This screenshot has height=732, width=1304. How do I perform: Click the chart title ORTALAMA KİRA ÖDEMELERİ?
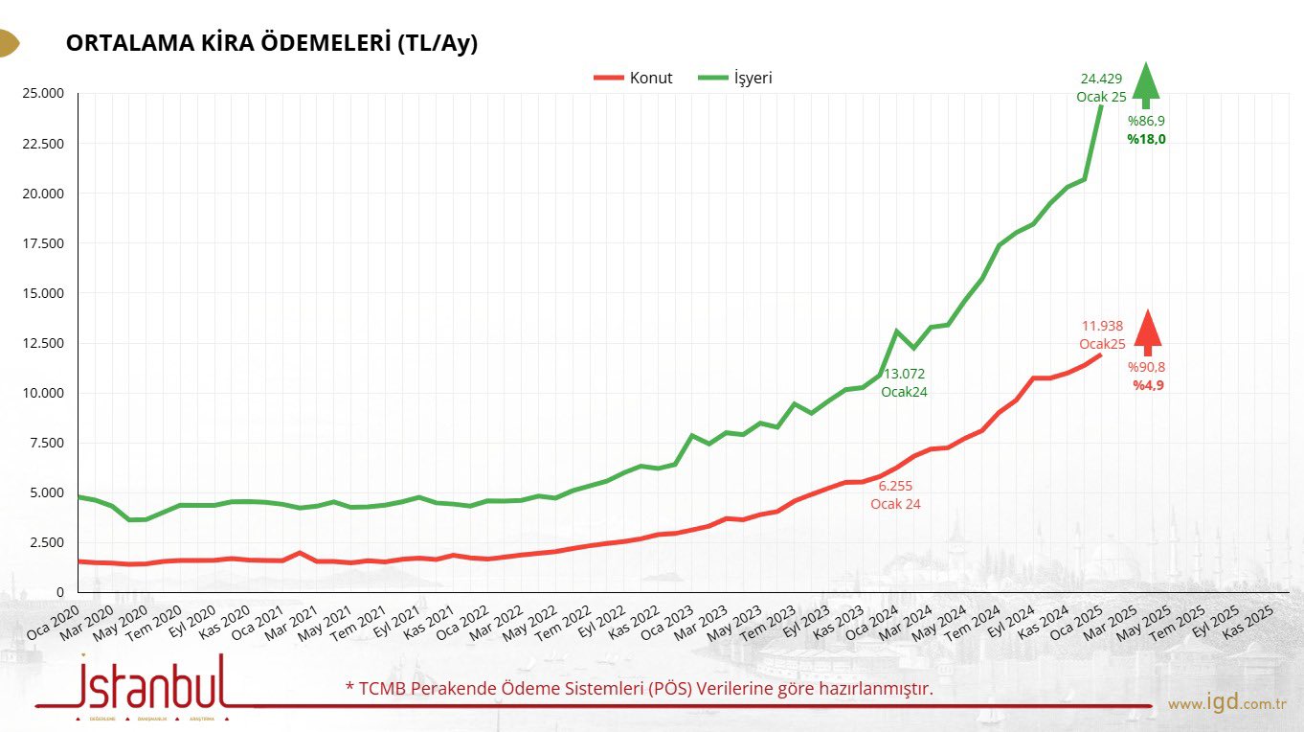tap(271, 44)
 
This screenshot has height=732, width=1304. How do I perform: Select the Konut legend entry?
tap(650, 78)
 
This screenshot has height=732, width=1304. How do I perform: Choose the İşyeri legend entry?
tap(753, 78)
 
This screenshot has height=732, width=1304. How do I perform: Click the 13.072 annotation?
tap(904, 374)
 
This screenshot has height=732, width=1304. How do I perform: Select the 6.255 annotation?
tap(895, 487)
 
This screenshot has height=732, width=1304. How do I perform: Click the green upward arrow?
tap(1145, 84)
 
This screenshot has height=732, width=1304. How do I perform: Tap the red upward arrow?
tap(1147, 332)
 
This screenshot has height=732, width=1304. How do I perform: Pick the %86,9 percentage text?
tap(1145, 122)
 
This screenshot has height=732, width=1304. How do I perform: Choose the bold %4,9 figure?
tap(1147, 385)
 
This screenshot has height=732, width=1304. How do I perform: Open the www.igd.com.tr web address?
tap(1225, 704)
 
